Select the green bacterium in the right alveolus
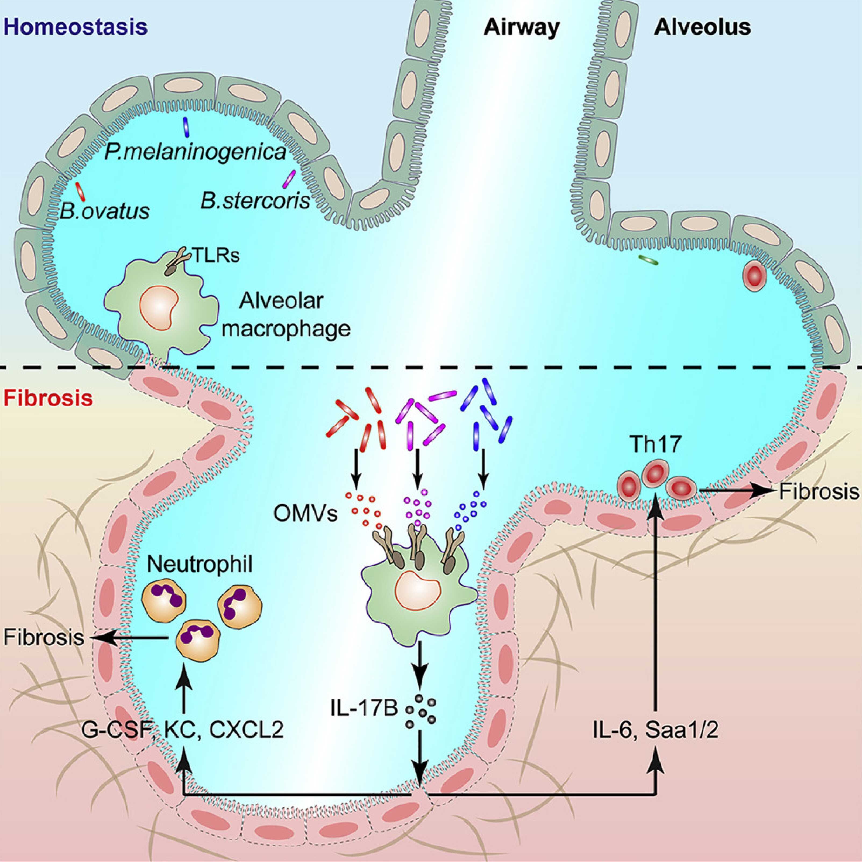(649, 260)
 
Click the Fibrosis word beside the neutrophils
(44, 638)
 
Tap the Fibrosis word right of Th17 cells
(819, 492)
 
